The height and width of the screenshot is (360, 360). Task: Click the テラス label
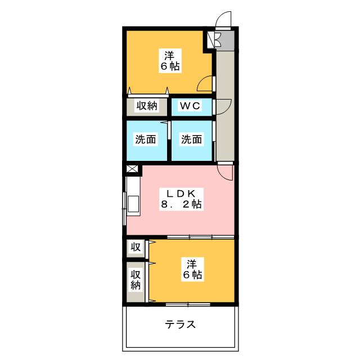click(181, 325)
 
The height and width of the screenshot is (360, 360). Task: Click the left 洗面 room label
click(145, 139)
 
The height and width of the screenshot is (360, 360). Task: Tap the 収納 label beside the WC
click(145, 106)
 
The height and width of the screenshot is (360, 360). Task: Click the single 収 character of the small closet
click(136, 247)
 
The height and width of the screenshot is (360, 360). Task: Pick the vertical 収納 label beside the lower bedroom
click(136, 280)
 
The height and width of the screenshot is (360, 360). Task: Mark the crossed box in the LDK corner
click(132, 169)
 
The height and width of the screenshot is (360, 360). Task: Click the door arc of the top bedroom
click(205, 83)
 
